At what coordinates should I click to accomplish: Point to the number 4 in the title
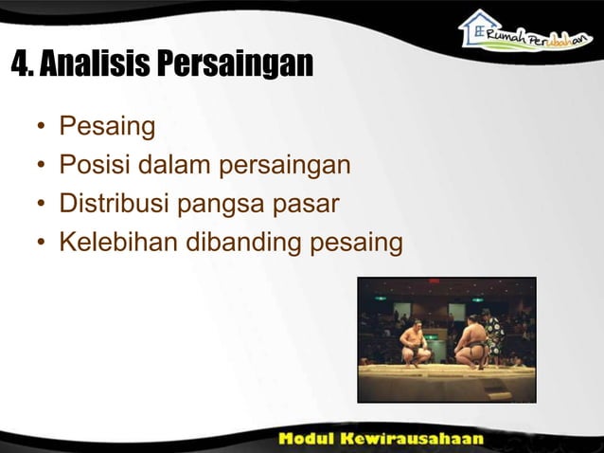[x=20, y=64]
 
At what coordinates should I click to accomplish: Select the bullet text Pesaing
[x=107, y=126]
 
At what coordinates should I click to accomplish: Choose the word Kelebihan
[x=118, y=243]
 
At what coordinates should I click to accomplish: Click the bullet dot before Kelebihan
[x=42, y=244]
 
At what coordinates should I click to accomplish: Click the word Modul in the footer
[x=310, y=439]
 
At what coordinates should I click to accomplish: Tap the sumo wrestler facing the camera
[x=415, y=343]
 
